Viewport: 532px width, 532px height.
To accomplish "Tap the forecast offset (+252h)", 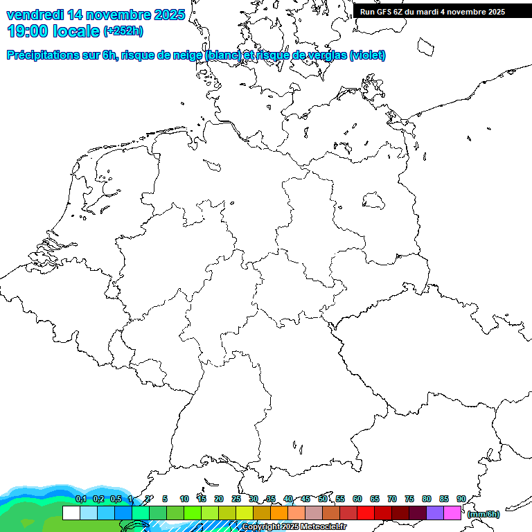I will (x=123, y=31).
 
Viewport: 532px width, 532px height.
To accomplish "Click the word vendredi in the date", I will (x=35, y=14).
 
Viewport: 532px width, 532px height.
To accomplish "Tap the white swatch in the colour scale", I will (x=71, y=513).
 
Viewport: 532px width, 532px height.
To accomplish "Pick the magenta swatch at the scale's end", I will (x=452, y=513).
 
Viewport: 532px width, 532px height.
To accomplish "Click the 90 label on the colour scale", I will (x=461, y=499).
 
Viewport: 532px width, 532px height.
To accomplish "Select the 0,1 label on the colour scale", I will (x=81, y=499).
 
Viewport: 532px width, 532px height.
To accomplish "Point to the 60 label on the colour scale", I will (x=357, y=499).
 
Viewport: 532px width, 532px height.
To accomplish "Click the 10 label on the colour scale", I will (x=184, y=499).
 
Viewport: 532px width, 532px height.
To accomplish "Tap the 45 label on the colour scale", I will (x=305, y=499).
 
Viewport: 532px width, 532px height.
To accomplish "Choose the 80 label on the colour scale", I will (x=426, y=499).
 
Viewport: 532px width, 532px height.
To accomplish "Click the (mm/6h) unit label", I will (x=484, y=514).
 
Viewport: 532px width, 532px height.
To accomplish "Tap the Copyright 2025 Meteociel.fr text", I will (x=294, y=526).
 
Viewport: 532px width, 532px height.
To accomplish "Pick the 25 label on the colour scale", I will (x=236, y=499).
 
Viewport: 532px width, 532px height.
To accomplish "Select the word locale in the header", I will (x=76, y=31).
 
